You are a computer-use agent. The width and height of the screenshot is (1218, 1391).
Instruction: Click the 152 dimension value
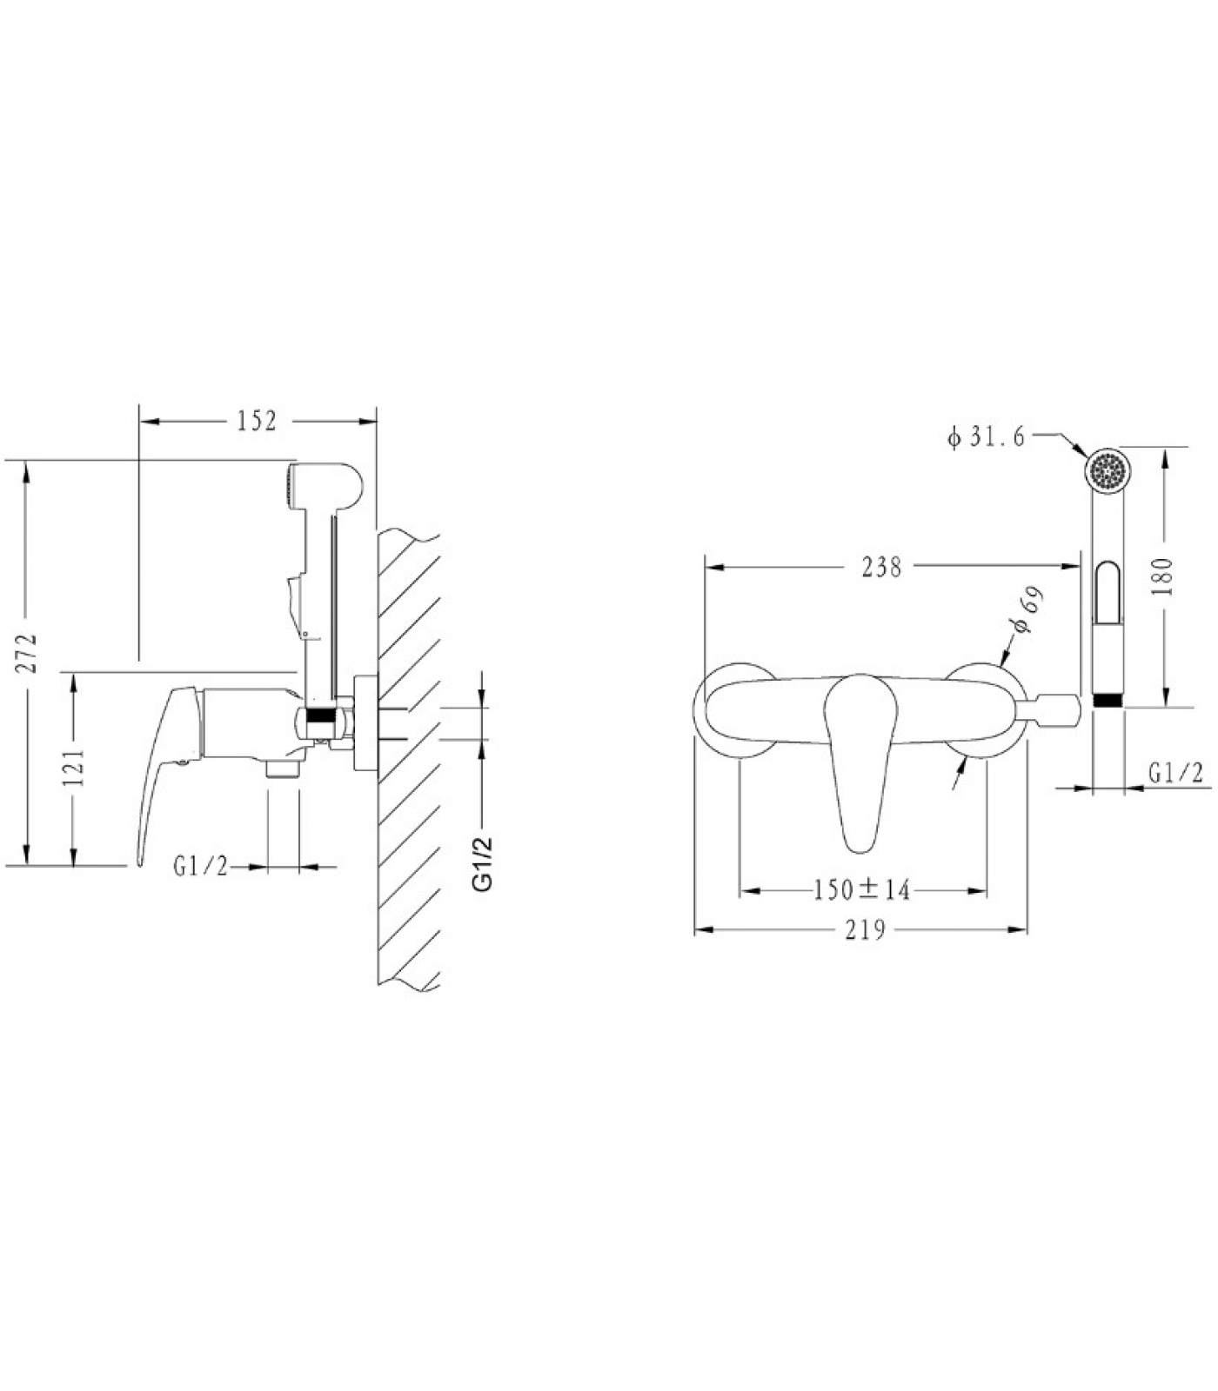[x=257, y=421]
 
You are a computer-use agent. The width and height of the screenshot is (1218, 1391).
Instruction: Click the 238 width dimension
[x=881, y=567]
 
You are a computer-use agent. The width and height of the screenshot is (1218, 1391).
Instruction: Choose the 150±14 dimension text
[x=862, y=889]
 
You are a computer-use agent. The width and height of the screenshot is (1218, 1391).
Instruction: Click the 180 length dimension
[x=1166, y=576]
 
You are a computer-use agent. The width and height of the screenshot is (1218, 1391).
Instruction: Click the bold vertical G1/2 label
[x=482, y=863]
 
